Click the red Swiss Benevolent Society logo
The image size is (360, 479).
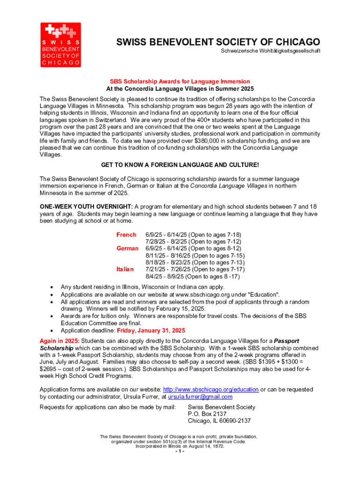click(59, 44)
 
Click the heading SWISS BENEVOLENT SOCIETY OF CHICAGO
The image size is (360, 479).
click(218, 43)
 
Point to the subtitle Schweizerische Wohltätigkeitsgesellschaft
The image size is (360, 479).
click(271, 51)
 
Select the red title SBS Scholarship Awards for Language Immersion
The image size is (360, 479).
click(180, 81)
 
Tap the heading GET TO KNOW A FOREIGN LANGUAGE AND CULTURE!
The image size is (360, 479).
click(180, 165)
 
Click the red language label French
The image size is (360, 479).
click(126, 234)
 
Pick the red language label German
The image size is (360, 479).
click(127, 248)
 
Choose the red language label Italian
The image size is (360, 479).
click(125, 269)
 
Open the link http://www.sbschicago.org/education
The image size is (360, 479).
click(210, 390)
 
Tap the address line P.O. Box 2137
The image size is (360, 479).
click(207, 414)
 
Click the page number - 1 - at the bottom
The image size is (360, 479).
click(180, 452)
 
